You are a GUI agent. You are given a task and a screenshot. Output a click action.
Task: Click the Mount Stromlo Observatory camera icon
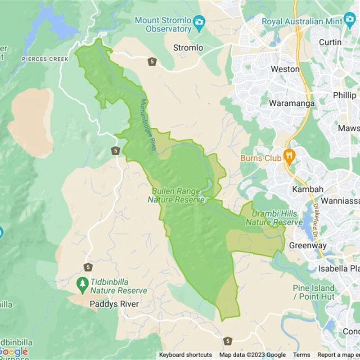199,21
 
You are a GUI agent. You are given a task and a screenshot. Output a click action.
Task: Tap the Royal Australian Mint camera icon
350,19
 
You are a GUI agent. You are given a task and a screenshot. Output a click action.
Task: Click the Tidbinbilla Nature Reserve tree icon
82,283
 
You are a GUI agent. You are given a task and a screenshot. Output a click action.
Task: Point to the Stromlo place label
188,48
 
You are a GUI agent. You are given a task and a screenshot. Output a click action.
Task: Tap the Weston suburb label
285,69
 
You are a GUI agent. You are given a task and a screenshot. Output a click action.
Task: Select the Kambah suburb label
308,189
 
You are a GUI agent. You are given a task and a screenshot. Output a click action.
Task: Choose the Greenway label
308,246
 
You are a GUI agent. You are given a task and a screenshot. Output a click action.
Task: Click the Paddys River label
114,304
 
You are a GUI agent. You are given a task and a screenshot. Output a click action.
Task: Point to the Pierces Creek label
45,59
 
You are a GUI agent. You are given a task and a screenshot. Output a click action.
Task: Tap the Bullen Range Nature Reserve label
176,195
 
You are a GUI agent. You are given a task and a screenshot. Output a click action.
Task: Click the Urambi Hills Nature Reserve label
274,218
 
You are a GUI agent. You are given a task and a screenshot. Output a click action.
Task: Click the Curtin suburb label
330,42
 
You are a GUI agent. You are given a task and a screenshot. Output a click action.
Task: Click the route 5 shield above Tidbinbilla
88,267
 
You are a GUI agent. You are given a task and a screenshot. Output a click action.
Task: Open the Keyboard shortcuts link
185,355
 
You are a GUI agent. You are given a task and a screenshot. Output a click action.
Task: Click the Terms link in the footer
301,355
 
